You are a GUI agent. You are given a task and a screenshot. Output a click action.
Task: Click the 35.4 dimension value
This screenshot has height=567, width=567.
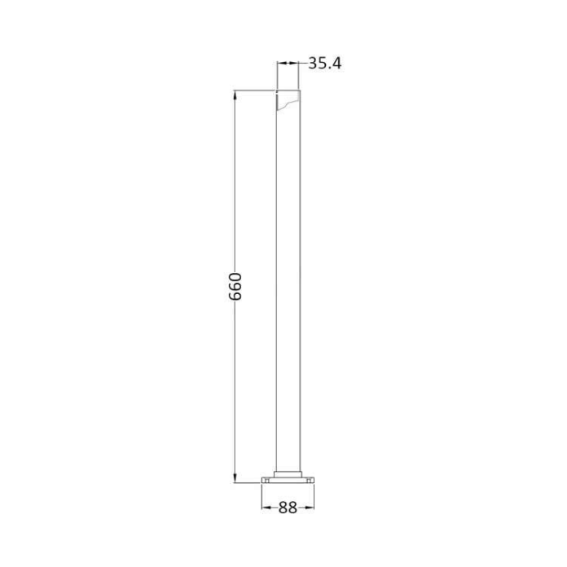coord(323,63)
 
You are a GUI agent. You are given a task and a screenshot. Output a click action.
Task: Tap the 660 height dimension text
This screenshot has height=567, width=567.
coord(236,288)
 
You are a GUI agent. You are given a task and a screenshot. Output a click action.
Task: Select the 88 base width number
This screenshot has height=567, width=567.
coord(288,508)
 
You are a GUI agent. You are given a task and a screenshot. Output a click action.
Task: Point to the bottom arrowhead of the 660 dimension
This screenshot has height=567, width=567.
coord(236,479)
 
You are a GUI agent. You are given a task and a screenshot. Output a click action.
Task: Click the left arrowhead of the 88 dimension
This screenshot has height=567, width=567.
coord(265,508)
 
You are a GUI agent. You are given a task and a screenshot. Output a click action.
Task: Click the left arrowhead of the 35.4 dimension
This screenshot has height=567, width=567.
coord(280,63)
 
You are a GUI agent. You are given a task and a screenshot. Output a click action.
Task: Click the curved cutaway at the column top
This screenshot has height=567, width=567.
coord(288,103)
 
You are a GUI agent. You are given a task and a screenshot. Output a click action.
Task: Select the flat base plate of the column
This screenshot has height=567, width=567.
coord(288,481)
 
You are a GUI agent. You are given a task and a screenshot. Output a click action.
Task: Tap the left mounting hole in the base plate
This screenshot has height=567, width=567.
coord(266,481)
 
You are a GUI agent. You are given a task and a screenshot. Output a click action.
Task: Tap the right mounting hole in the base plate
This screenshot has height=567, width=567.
coord(309,481)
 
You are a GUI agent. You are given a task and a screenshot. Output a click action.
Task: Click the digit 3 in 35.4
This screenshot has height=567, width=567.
coord(311,63)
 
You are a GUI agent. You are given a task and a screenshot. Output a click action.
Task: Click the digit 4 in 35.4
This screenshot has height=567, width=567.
coord(334,63)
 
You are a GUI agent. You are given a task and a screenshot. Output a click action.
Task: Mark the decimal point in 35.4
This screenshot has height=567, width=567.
coord(327,68)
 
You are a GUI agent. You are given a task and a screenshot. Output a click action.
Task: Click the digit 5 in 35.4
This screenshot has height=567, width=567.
coord(320,63)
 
